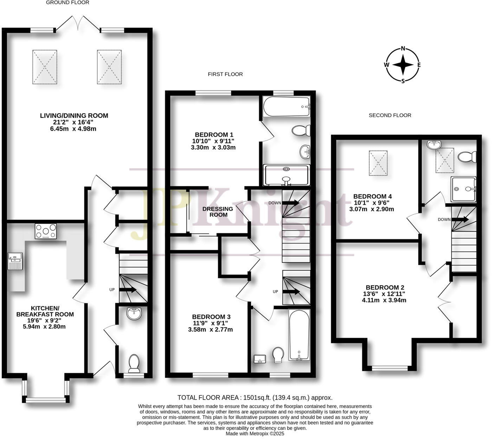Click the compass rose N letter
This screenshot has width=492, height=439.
pos(403,49)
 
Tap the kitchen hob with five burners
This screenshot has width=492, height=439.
pos(46,231)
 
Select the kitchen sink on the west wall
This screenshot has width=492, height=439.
pos(15,261)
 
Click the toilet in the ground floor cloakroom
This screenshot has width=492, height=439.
pos(134,363)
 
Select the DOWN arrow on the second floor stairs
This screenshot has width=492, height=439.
pos(460,220)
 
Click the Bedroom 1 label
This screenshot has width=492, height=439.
pos(214,134)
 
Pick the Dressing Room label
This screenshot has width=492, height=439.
pos(218,211)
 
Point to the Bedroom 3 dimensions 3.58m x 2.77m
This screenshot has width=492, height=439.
pos(210,330)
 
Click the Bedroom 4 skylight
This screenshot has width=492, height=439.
pos(378,163)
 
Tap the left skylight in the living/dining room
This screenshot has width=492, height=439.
pos(45,67)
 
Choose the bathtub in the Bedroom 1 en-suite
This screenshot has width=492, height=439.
pos(286,107)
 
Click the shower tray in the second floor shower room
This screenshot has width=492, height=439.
pos(464,189)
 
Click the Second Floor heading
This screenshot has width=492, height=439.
pos(390,115)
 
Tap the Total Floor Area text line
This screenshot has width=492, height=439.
pos(255,397)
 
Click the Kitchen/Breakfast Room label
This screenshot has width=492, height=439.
pos(45,311)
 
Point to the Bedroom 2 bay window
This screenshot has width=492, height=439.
pos(390,368)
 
